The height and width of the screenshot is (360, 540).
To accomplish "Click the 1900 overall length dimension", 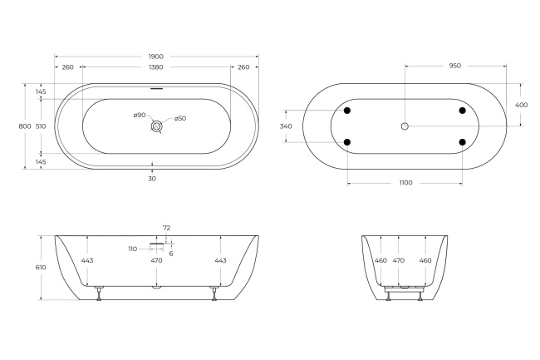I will click(x=156, y=57).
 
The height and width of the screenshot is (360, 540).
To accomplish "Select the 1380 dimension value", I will click(x=156, y=67).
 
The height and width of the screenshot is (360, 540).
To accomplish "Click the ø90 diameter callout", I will click(x=140, y=115).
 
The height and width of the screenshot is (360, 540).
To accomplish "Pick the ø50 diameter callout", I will click(x=179, y=119).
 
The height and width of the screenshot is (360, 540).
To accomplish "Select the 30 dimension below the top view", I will click(x=152, y=178).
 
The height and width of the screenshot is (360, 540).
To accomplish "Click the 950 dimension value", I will click(x=454, y=65).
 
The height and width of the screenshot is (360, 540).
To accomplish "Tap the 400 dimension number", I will click(x=521, y=105).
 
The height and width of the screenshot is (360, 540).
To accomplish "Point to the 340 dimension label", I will click(x=286, y=126).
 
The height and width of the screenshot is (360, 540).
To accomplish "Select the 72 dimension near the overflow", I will click(x=166, y=227).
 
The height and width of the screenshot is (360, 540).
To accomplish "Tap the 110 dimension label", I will click(x=132, y=248).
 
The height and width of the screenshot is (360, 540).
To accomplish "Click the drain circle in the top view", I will click(x=156, y=126).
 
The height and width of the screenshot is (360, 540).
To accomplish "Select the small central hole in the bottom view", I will click(x=405, y=126).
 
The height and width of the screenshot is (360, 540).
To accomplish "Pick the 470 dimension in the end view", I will click(x=398, y=261).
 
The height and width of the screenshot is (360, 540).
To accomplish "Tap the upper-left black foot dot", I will click(x=347, y=111).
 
